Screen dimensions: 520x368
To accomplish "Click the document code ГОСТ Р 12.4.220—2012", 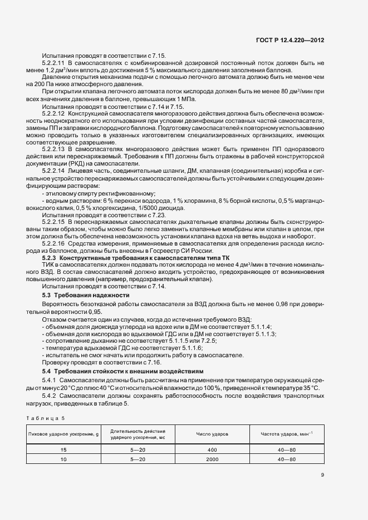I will (x=293, y=40).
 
